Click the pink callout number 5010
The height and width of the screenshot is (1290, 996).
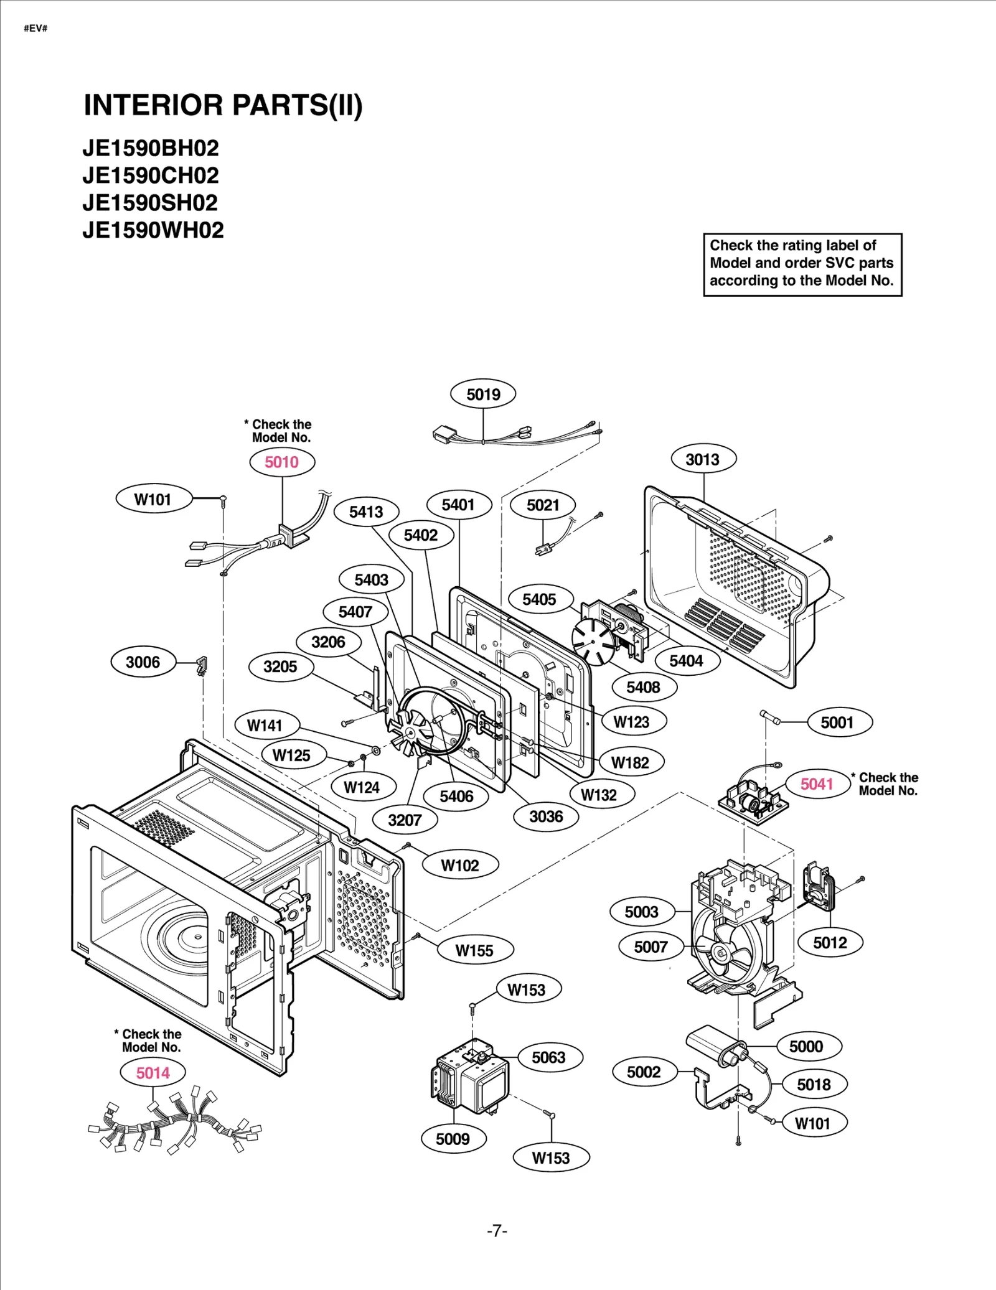(x=282, y=462)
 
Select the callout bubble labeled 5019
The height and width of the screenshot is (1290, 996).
(x=484, y=395)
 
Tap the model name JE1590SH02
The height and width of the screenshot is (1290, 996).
(x=150, y=203)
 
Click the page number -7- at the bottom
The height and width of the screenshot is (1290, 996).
(x=497, y=1231)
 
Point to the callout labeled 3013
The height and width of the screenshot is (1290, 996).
(x=703, y=460)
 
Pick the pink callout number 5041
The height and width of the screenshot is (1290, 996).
(x=817, y=784)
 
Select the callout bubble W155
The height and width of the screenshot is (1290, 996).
(x=474, y=950)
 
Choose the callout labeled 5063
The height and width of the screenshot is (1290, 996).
(x=548, y=1057)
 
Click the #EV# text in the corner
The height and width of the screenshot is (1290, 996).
(x=35, y=29)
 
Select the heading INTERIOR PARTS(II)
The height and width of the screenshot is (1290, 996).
(x=223, y=105)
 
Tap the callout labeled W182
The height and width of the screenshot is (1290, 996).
(x=630, y=763)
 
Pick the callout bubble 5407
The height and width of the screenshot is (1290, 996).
(x=355, y=612)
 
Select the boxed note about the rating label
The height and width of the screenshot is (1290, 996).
(x=802, y=264)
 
